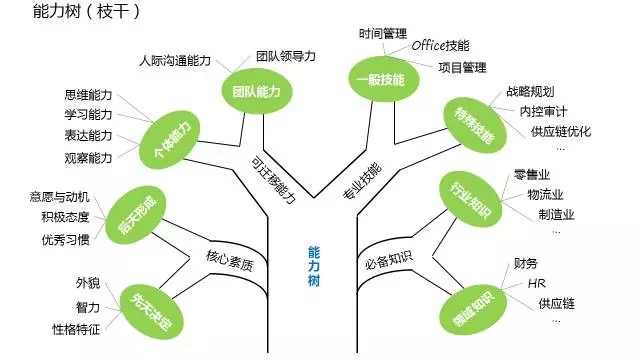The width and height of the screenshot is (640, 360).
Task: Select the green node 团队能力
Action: pos(249,90)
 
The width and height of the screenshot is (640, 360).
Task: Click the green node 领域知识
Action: pos(464,304)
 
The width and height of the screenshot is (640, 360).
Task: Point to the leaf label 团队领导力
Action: pos(285,56)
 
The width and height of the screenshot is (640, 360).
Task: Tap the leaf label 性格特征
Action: pos(77,328)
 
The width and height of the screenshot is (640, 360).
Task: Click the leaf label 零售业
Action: pos(531,175)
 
